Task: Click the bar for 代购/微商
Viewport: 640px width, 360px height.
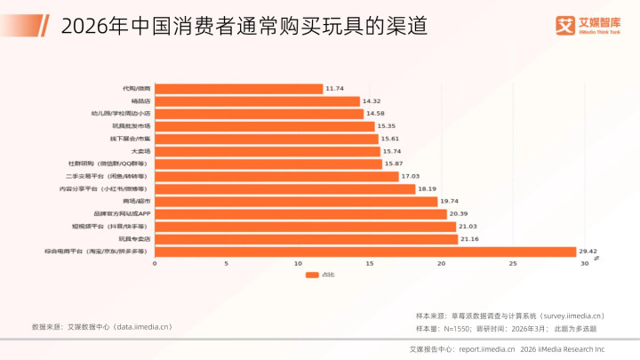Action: pos(238,89)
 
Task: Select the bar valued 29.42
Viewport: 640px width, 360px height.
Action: pos(365,252)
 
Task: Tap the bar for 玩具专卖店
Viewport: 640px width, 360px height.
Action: pos(306,239)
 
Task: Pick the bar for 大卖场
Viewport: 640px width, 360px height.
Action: pos(267,151)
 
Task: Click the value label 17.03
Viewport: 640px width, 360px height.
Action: pos(410,177)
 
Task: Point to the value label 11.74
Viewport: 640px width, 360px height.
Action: pos(334,89)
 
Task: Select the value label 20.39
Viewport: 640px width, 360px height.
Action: pos(459,214)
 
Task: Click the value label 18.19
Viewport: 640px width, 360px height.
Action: pos(428,189)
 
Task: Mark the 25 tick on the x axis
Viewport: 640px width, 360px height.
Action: pos(513,264)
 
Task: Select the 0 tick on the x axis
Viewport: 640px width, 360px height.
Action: pos(155,264)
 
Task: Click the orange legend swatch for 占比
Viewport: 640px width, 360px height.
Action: pos(312,276)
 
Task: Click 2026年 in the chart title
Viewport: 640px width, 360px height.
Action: pos(83,26)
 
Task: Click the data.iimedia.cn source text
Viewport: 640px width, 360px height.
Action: pos(141,327)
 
